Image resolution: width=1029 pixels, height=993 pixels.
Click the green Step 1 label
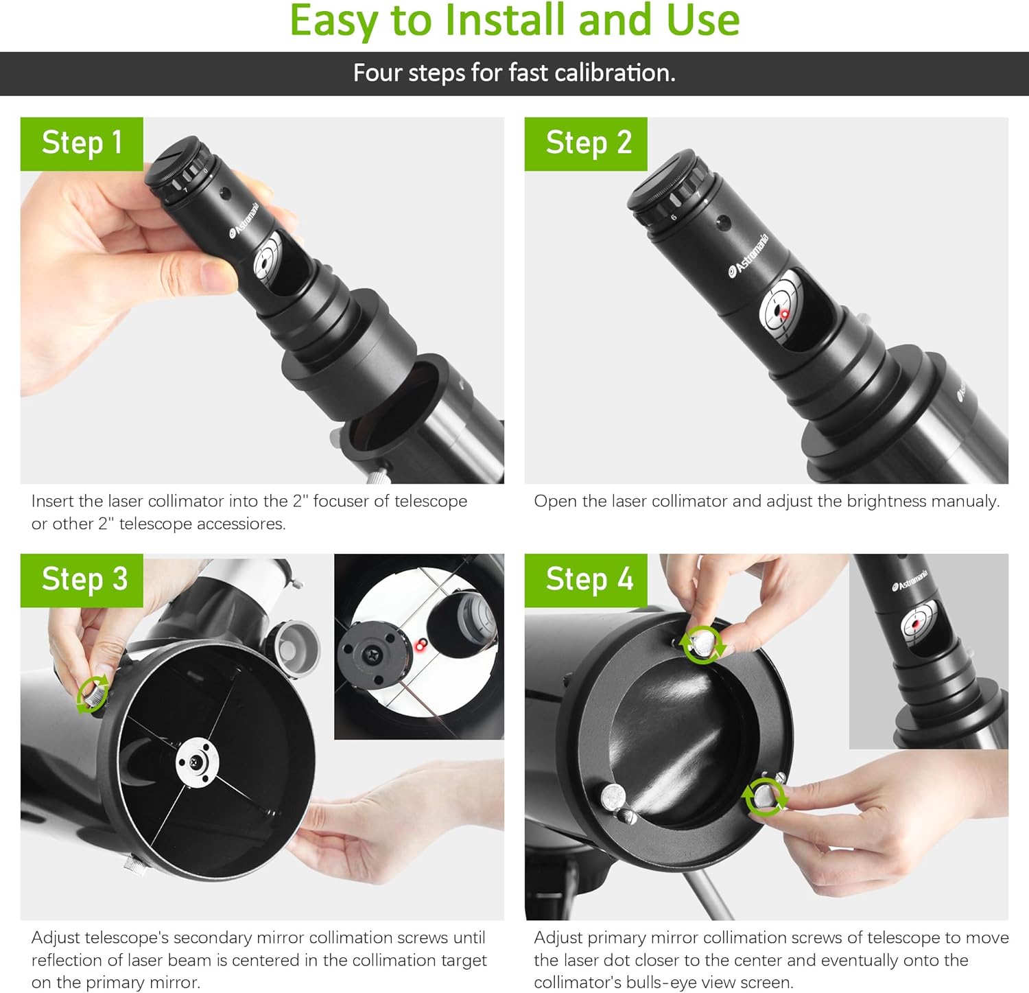coord(82,143)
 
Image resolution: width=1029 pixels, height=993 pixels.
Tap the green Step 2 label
coord(586,143)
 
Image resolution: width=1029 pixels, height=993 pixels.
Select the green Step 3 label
coord(82,580)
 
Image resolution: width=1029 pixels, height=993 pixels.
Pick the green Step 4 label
coord(586,580)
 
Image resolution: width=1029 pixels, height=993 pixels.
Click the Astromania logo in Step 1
coord(244,221)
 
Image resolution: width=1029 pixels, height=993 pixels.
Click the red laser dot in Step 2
coord(784,314)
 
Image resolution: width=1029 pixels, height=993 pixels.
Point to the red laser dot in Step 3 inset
coord(421,644)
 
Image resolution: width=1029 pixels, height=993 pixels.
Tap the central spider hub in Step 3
coord(198,762)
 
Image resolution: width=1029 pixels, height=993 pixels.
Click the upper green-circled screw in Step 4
coord(702,644)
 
